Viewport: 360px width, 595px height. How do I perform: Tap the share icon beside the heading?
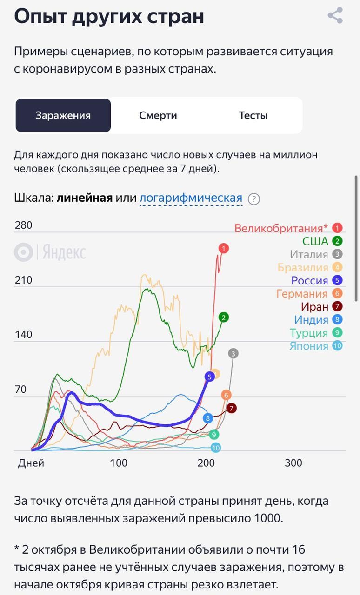(x=335, y=15)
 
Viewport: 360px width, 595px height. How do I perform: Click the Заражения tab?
(x=63, y=115)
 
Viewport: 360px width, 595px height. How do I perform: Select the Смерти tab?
(x=158, y=115)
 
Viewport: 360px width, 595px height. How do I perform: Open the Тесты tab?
(x=253, y=115)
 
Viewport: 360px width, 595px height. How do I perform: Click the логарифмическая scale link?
(x=191, y=198)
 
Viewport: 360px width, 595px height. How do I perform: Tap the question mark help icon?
(x=253, y=199)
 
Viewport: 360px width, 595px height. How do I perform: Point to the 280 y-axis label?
(x=23, y=225)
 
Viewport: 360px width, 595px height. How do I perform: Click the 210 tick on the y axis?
(x=23, y=280)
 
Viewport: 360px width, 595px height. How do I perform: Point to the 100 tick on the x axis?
(x=119, y=463)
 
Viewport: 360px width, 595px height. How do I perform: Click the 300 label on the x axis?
(x=293, y=463)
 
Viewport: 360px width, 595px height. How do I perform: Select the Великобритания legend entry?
(x=281, y=228)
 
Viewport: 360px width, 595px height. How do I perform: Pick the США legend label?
(x=315, y=241)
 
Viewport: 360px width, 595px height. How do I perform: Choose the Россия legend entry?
(x=309, y=281)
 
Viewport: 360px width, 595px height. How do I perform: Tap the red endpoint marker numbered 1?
(x=224, y=249)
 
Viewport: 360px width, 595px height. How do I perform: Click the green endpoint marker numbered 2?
(x=224, y=317)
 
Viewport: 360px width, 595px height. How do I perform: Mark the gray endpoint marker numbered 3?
(x=233, y=353)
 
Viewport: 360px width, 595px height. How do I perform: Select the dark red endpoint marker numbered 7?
(x=231, y=408)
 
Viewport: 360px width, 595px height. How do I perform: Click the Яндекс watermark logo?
(x=50, y=252)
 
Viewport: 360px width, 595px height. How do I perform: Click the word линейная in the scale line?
(x=85, y=198)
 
